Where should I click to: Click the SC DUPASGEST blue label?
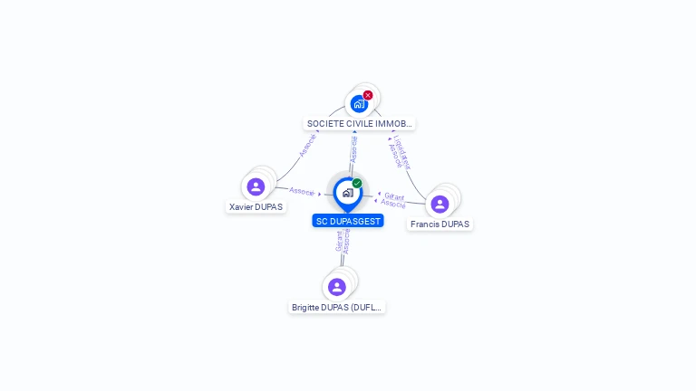pyautogui.click(x=348, y=221)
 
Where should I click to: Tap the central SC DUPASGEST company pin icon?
pyautogui.click(x=347, y=193)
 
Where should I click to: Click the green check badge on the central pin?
pyautogui.click(x=357, y=184)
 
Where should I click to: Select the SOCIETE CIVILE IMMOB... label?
pyautogui.click(x=360, y=123)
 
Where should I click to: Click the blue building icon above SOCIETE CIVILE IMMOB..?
pyautogui.click(x=359, y=104)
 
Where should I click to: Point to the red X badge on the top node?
pyautogui.click(x=368, y=95)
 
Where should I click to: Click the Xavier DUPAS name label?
pyautogui.click(x=256, y=206)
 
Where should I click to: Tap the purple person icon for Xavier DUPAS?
pyautogui.click(x=256, y=186)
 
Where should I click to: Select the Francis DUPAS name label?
pyautogui.click(x=440, y=224)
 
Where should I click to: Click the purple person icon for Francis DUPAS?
pyautogui.click(x=440, y=204)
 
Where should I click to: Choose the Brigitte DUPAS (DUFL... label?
pyautogui.click(x=337, y=308)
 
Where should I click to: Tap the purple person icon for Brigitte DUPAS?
pyautogui.click(x=337, y=287)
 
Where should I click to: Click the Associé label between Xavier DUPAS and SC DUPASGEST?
pyautogui.click(x=302, y=191)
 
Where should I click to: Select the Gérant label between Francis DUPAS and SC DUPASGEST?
pyautogui.click(x=394, y=195)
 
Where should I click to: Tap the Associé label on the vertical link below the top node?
pyautogui.click(x=353, y=149)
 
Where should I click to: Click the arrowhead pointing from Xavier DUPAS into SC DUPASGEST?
pyautogui.click(x=320, y=194)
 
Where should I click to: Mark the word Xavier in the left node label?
pyautogui.click(x=241, y=206)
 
